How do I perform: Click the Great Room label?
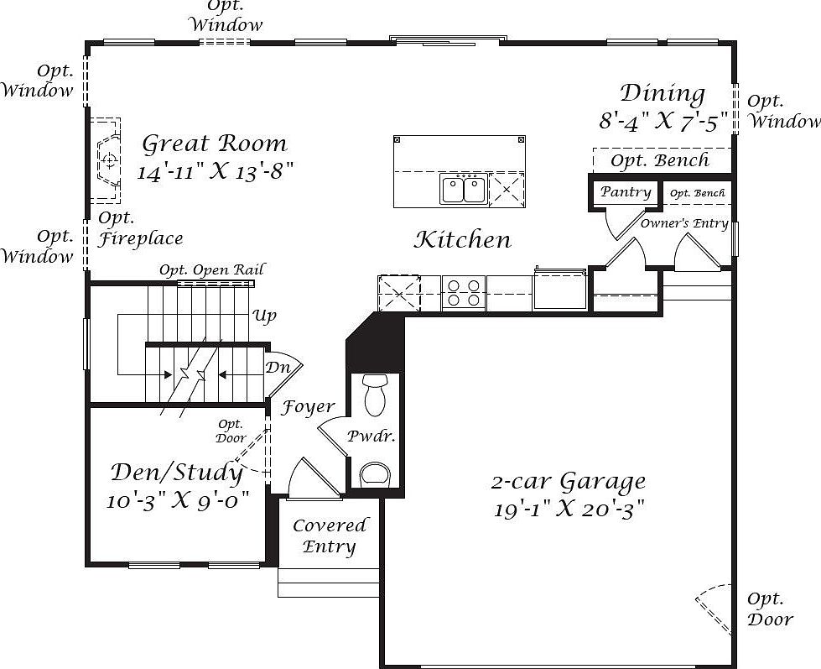215,144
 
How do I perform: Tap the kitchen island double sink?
463,188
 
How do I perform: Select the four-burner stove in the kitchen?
463,292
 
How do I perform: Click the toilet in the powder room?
374,394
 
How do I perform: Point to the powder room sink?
375,474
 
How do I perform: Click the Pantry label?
626,192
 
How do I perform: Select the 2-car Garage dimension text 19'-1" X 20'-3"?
569,509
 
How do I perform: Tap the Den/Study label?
177,473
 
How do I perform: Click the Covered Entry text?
330,536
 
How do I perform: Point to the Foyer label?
308,407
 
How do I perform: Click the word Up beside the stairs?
264,316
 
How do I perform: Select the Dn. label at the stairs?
278,368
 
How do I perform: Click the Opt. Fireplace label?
140,228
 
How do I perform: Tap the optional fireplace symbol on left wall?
107,159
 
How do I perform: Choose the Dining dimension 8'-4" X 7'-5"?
663,122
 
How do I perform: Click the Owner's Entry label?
684,223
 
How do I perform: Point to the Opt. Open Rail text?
211,269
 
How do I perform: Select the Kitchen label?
462,240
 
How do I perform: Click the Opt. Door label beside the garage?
769,609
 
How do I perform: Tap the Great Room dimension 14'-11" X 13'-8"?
216,172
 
